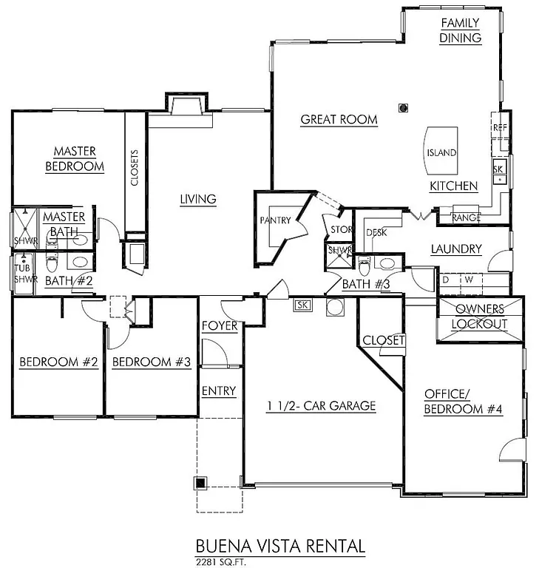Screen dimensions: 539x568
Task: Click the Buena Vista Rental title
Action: click(x=280, y=546)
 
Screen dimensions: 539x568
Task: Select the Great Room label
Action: click(x=339, y=119)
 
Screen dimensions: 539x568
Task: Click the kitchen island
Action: click(x=441, y=152)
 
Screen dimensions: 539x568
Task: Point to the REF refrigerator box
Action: click(x=498, y=128)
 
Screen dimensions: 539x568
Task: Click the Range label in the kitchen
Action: click(x=467, y=217)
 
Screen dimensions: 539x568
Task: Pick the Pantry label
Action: click(x=274, y=220)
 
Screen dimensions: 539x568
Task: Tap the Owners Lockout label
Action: click(x=481, y=317)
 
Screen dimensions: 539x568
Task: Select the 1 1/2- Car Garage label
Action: click(x=322, y=405)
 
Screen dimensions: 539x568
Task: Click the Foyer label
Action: click(x=220, y=325)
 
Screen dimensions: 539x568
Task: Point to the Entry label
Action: click(x=219, y=390)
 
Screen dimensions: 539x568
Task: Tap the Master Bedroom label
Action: click(x=75, y=159)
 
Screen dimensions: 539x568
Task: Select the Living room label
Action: click(x=197, y=198)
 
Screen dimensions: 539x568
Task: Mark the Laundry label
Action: click(x=455, y=249)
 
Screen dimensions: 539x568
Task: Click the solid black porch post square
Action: click(x=200, y=484)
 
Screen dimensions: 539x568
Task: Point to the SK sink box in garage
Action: click(x=302, y=305)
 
